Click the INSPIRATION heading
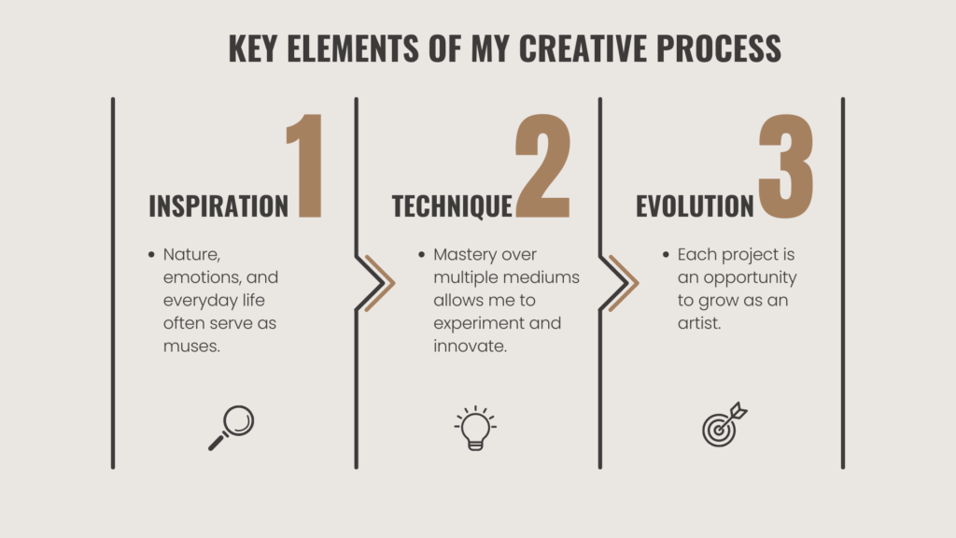click(219, 205)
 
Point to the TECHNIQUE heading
click(452, 205)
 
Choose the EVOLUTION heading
click(695, 205)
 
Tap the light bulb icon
click(476, 429)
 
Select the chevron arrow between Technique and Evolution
click(623, 281)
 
